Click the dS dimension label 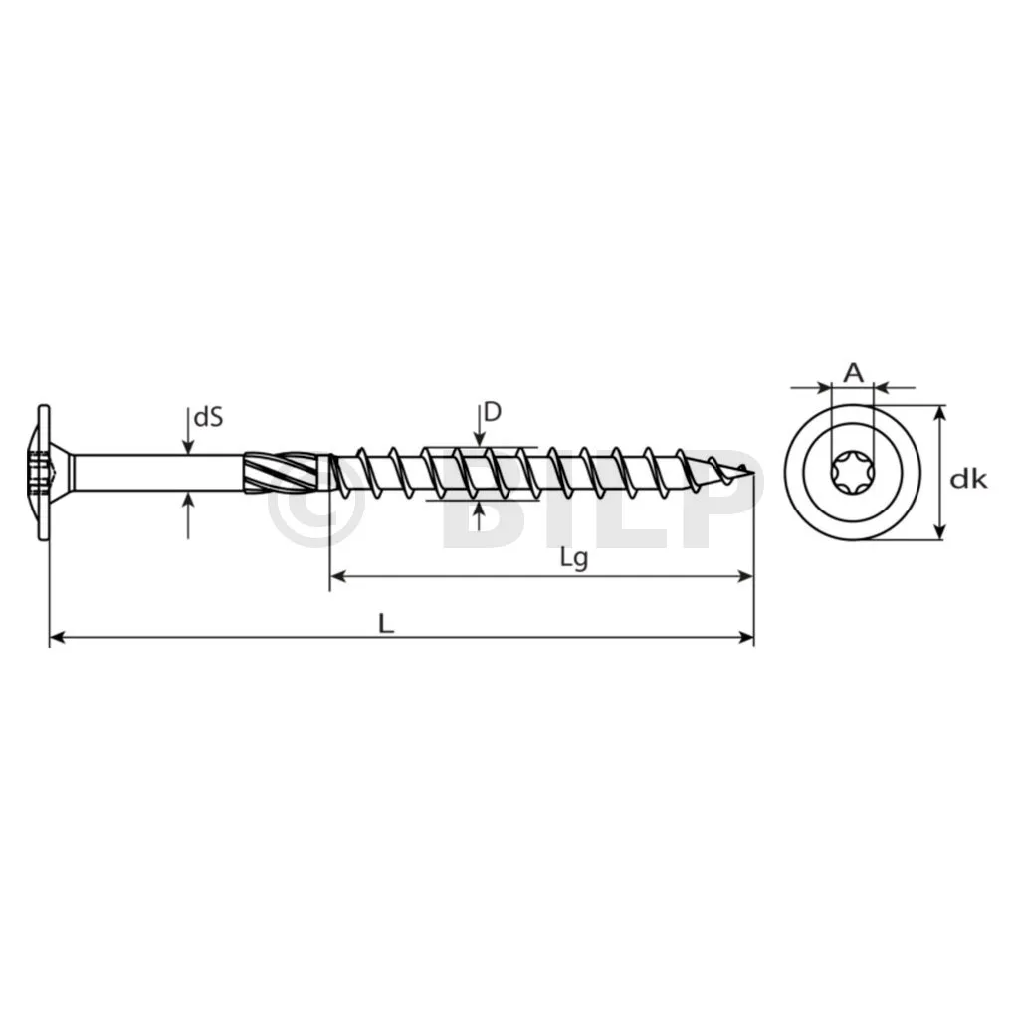[x=209, y=417]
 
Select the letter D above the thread [x=494, y=411]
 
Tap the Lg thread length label [x=574, y=559]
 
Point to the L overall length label [x=386, y=624]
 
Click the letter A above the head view [x=853, y=373]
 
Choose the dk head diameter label [x=968, y=479]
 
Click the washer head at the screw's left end [x=40, y=473]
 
